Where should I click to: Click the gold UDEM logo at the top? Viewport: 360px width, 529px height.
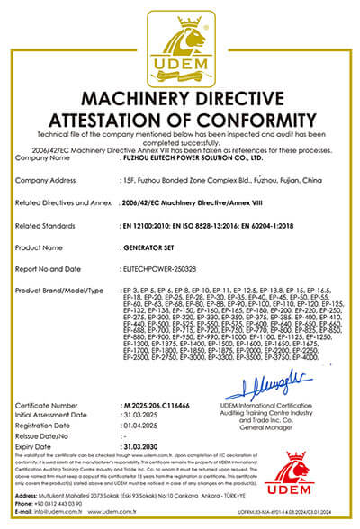[x=180, y=42]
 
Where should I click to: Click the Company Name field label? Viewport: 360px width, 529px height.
[x=43, y=157]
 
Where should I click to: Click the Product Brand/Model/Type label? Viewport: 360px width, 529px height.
[x=58, y=291]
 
